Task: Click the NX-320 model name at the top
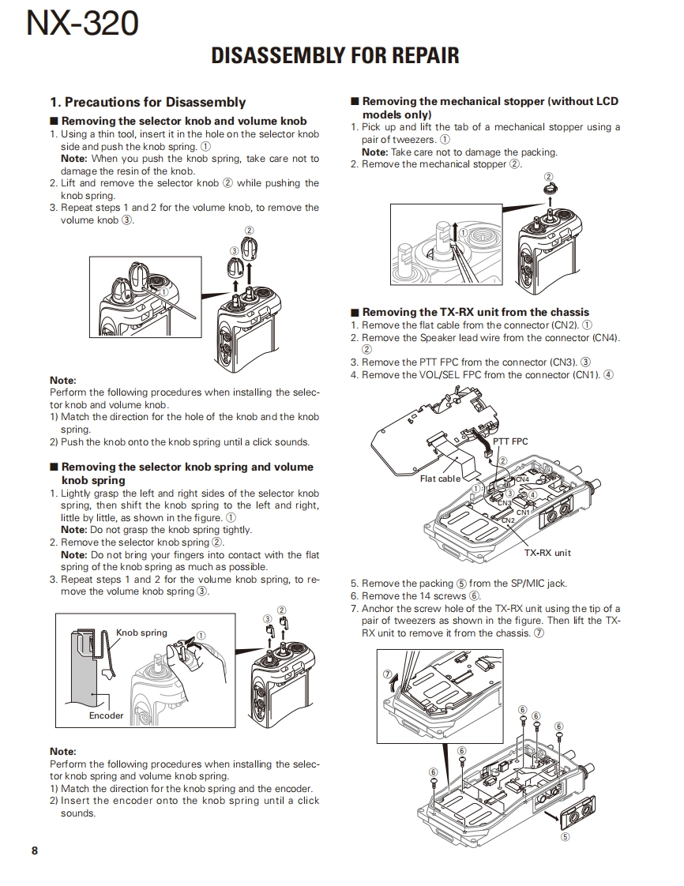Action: pos(82,24)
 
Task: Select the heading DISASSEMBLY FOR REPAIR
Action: pos(335,56)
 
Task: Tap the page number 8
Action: pos(35,850)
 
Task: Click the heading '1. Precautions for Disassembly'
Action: pos(148,102)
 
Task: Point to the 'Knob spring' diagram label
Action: pos(142,633)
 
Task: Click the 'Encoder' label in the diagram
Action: pos(106,715)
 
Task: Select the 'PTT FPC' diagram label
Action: pos(511,441)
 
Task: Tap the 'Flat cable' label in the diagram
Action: pos(440,479)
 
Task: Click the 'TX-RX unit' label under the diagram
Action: pos(547,553)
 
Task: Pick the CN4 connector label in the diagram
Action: pos(522,479)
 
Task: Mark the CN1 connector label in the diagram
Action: pos(523,512)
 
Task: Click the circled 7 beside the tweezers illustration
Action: pos(388,674)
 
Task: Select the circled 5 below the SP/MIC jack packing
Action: pos(565,836)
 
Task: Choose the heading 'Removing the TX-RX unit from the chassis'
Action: pos(475,312)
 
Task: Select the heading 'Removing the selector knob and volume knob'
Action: pos(184,121)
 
